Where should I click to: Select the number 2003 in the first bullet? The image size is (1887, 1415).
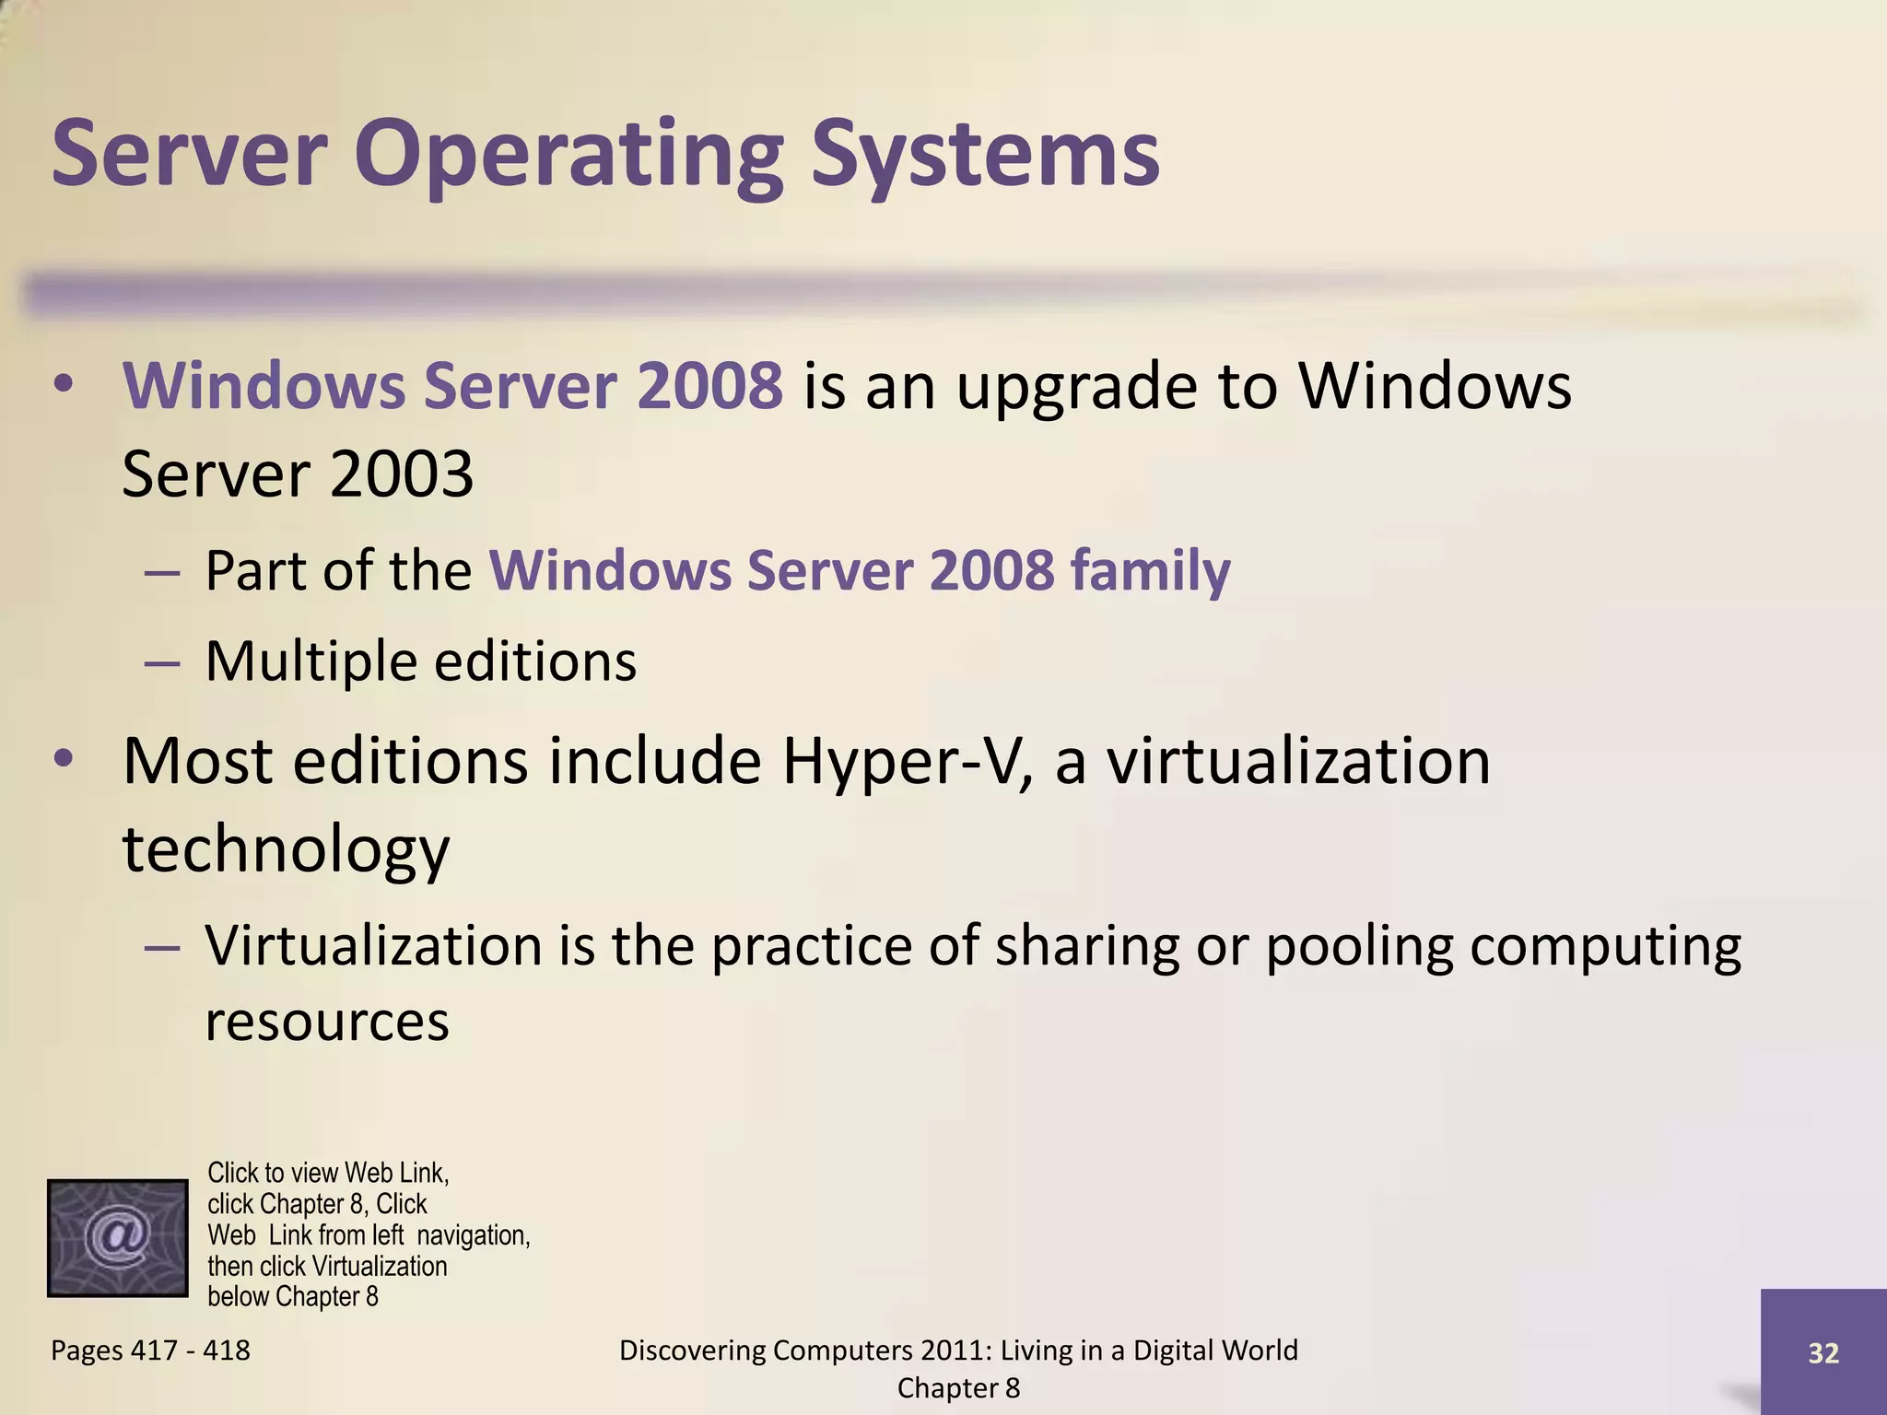point(400,474)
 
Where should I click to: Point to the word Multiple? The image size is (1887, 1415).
point(310,661)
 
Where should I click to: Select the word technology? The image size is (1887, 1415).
point(286,849)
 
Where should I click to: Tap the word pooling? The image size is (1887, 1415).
point(1358,947)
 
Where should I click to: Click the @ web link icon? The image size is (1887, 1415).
point(117,1237)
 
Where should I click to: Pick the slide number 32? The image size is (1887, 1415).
point(1823,1352)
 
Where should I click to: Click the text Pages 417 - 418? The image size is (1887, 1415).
point(150,1351)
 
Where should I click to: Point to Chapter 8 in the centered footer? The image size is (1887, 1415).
point(958,1388)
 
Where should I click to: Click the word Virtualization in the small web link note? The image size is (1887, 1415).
point(380,1266)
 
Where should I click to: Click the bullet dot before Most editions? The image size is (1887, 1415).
point(63,759)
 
